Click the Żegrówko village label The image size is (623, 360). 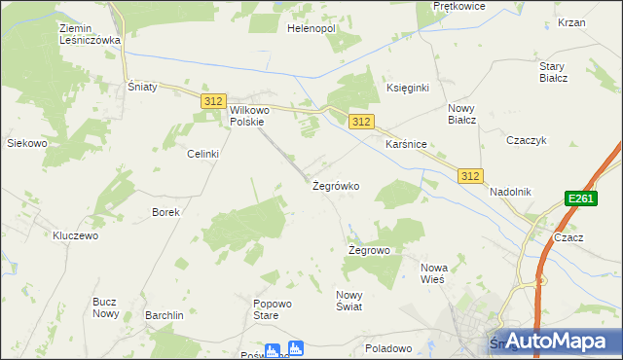[x=336, y=185]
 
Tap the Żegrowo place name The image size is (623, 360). [x=369, y=250]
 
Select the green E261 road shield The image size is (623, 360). [x=580, y=199]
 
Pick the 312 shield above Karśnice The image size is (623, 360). [x=361, y=121]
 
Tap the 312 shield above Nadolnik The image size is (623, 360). [x=471, y=175]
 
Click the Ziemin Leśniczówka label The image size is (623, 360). [x=89, y=35]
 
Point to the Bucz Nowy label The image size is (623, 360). [x=105, y=307]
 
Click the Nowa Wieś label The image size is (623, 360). [x=432, y=272]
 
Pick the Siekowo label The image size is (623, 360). [x=27, y=143]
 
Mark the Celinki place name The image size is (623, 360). [x=203, y=154]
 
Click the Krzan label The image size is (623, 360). [x=571, y=21]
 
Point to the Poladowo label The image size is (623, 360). [x=388, y=347]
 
